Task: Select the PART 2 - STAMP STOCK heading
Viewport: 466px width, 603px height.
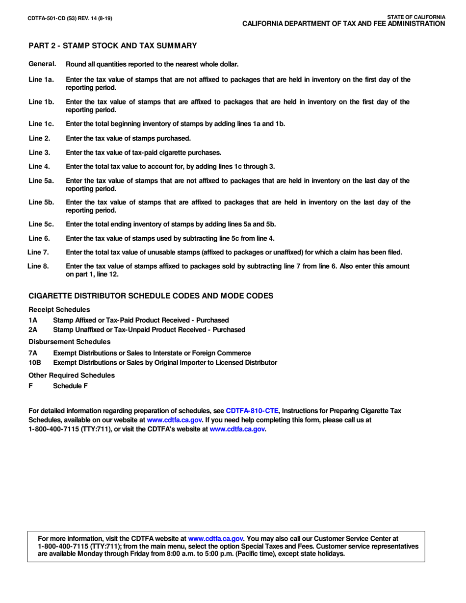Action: pyautogui.click(x=112, y=46)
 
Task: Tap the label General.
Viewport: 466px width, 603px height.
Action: pyautogui.click(x=43, y=64)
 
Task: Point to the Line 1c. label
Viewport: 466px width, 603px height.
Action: pyautogui.click(x=41, y=124)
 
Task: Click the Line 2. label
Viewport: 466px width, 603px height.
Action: pyautogui.click(x=39, y=138)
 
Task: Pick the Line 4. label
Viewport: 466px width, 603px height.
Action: pyautogui.click(x=39, y=166)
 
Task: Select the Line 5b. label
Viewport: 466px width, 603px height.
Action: pyautogui.click(x=41, y=202)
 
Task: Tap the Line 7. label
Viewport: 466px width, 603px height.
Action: pyautogui.click(x=39, y=252)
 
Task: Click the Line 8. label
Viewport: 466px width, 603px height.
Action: pyautogui.click(x=39, y=266)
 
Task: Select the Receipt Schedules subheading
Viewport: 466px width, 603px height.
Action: pyautogui.click(x=59, y=310)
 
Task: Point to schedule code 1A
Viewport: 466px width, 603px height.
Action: pyautogui.click(x=33, y=320)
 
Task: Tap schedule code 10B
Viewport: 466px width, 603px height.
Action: pyautogui.click(x=35, y=362)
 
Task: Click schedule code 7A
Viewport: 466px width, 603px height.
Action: pyautogui.click(x=33, y=353)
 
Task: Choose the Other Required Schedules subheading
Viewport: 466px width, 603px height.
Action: pyautogui.click(x=72, y=375)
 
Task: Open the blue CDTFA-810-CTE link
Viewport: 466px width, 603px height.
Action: pyautogui.click(x=252, y=410)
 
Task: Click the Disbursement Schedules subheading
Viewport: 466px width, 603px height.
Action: pyautogui.click(x=69, y=341)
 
